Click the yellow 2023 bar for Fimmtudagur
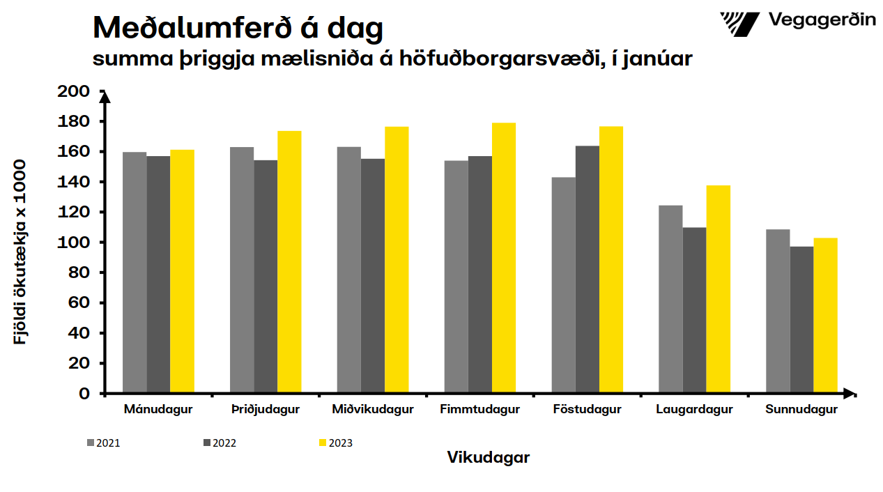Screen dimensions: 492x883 tap(504, 258)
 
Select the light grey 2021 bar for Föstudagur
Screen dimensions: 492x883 tap(563, 285)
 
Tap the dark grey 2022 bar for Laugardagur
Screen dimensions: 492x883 tap(694, 310)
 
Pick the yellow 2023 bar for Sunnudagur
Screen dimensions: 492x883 tap(825, 316)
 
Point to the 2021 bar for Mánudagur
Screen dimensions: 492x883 tap(135, 272)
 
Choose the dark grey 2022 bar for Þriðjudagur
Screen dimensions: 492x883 tap(266, 277)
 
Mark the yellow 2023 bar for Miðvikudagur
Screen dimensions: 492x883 tap(397, 260)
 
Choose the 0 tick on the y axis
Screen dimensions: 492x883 tap(84, 394)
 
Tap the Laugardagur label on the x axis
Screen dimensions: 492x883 tap(694, 410)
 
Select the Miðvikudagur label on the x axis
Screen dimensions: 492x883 tap(373, 410)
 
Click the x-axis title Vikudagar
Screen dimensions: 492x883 tap(488, 458)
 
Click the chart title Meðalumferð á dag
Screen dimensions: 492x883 tap(238, 28)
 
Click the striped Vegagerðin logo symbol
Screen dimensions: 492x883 tap(739, 23)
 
